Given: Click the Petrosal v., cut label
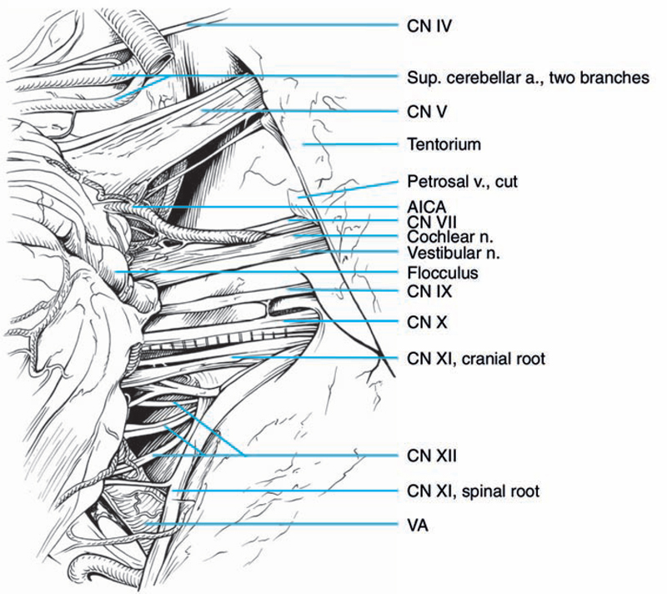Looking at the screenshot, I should [x=457, y=181].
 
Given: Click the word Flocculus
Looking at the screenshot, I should [x=439, y=272].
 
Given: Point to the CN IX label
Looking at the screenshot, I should [x=428, y=293].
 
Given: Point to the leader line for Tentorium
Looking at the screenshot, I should [x=350, y=144].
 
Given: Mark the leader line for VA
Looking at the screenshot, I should [x=275, y=524].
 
